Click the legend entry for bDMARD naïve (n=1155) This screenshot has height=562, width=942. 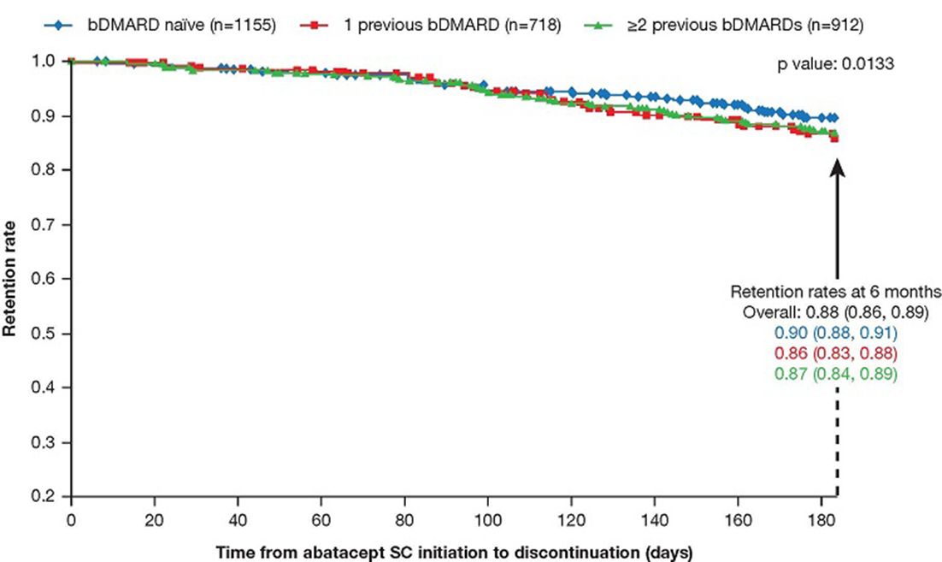tap(160, 26)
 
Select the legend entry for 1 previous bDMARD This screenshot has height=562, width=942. tap(430, 26)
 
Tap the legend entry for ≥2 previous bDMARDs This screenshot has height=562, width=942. tap(723, 26)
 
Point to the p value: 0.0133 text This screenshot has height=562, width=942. tap(836, 63)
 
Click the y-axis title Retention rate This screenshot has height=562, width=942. tap(9, 279)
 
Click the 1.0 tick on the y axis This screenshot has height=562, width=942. tap(44, 61)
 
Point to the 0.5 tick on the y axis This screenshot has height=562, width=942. tap(44, 333)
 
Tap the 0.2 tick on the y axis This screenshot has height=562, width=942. tap(44, 496)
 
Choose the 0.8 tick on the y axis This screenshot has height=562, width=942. tap(44, 169)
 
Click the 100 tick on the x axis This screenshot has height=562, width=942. tap(488, 519)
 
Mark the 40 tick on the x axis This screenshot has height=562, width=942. tap(238, 519)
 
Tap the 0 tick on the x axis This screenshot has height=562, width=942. tap(71, 519)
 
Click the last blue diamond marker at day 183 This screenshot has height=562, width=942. tap(833, 118)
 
